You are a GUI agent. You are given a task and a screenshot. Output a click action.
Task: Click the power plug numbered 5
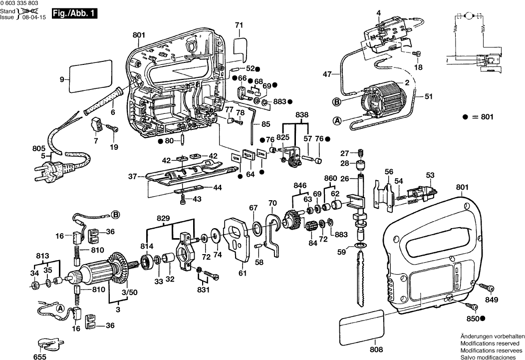49,170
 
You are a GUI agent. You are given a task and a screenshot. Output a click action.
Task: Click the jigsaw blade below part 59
361,280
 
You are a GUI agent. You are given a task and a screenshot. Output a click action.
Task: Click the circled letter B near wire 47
336,101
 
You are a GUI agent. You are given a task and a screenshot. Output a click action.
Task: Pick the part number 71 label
239,25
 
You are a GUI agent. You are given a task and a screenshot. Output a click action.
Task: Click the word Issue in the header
7,17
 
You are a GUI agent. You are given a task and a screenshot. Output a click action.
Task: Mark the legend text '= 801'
483,117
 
